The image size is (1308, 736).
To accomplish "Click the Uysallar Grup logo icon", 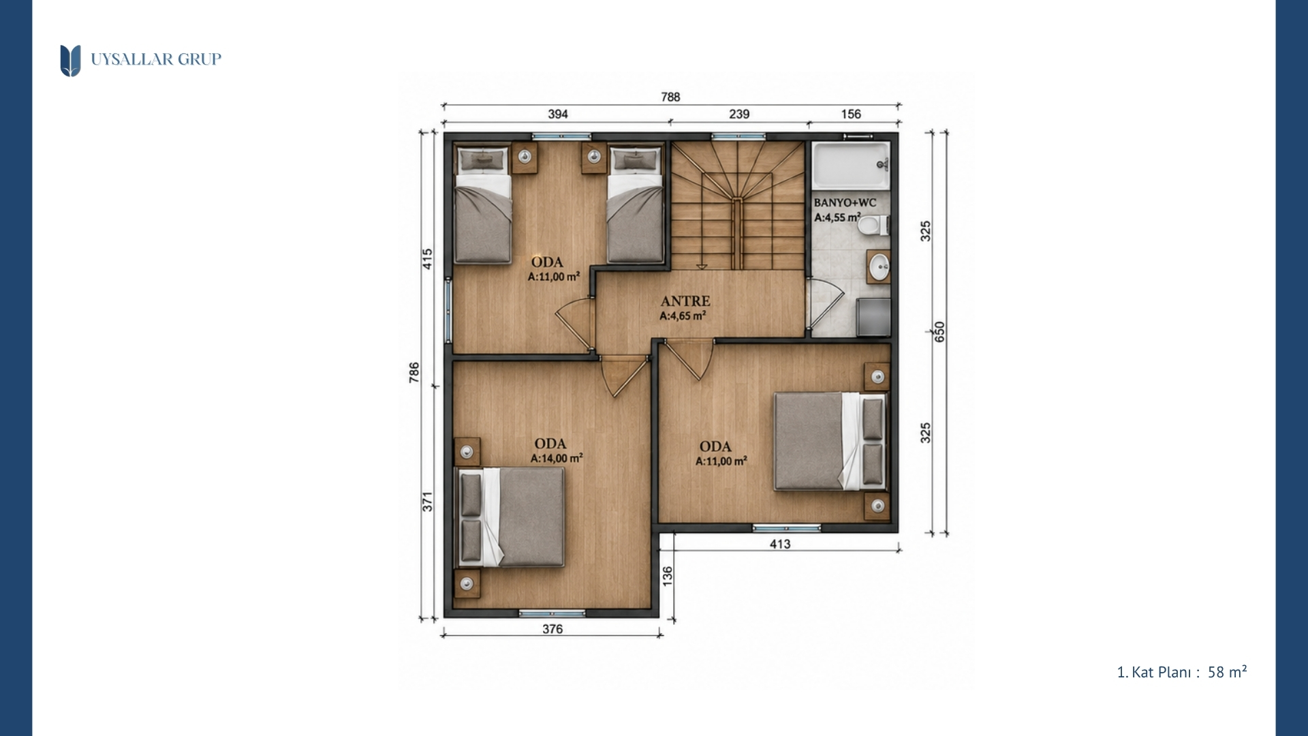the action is click(x=70, y=61).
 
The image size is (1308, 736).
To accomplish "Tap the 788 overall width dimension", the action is click(x=670, y=97).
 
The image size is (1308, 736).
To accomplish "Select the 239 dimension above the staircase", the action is click(x=739, y=114).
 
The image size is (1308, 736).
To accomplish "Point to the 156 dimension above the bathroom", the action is click(x=851, y=114).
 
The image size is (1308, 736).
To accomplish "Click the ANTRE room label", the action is click(x=685, y=301).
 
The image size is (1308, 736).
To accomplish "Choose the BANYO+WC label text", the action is click(x=845, y=202).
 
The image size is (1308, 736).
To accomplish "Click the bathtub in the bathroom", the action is click(x=851, y=166).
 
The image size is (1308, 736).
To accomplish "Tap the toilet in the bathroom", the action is click(x=873, y=224).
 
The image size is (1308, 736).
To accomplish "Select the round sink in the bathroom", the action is click(x=879, y=266).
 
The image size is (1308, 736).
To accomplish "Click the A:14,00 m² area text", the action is click(x=557, y=459).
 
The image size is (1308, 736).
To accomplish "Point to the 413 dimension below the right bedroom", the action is click(x=780, y=544).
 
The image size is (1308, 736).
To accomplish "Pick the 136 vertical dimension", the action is click(x=668, y=576).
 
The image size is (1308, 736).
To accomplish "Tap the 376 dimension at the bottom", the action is click(x=552, y=629).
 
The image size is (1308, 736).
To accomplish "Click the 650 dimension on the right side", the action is click(x=939, y=332).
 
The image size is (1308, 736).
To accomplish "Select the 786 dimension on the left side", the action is click(x=414, y=372).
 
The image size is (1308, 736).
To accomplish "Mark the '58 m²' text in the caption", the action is click(x=1227, y=672).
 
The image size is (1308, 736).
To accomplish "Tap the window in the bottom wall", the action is click(x=552, y=613).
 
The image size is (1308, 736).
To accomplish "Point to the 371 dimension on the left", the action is click(x=427, y=502).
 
